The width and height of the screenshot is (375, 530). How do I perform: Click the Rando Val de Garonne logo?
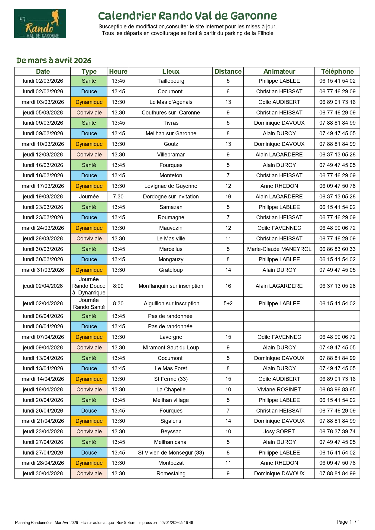tap(40, 24)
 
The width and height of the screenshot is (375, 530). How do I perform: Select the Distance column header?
tap(228, 72)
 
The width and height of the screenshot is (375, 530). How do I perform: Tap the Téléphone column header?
tap(337, 72)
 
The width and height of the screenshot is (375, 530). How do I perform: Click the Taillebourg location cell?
tap(171, 81)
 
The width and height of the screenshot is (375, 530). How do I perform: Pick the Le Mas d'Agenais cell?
tap(171, 102)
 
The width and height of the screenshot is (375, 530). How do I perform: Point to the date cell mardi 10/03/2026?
tap(43, 144)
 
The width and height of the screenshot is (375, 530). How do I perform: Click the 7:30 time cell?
tap(118, 197)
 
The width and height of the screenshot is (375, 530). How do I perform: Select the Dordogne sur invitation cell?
tap(171, 197)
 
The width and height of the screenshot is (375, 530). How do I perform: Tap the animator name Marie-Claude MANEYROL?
tap(279, 249)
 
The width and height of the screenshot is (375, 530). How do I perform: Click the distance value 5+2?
tap(228, 304)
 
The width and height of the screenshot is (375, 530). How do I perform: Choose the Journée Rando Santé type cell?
tap(89, 304)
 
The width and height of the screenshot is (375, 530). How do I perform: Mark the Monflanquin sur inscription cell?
tap(171, 286)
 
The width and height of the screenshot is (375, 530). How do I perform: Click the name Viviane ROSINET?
tap(279, 390)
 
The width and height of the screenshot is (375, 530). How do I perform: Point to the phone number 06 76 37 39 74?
tap(337, 432)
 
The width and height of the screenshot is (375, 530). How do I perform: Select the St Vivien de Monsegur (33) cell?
tap(171, 453)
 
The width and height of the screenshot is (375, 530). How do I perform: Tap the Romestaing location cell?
tap(171, 474)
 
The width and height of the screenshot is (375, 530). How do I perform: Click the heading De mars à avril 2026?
tap(54, 60)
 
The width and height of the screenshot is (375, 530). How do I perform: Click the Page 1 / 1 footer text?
tap(348, 522)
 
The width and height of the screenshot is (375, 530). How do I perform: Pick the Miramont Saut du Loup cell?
tap(171, 348)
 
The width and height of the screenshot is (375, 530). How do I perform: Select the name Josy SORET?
tap(279, 432)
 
